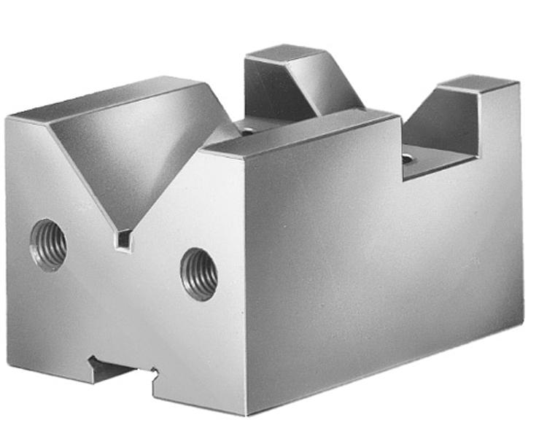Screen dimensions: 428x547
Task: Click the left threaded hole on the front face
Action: coord(48,245)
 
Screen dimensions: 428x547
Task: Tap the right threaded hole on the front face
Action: coord(198,273)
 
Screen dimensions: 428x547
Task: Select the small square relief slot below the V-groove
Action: coord(125,238)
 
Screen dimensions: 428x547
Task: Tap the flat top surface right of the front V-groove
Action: coord(299,131)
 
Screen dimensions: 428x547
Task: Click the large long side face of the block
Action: coord(379,255)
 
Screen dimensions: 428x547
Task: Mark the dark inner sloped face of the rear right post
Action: coord(441,124)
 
